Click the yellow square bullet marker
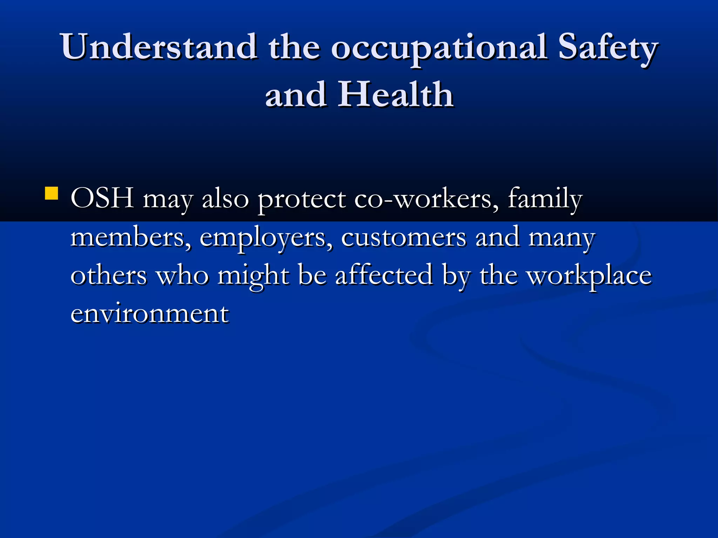(52, 193)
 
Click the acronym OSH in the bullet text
(102, 198)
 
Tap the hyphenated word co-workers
(426, 198)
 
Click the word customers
(404, 238)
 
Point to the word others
(109, 275)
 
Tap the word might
(253, 277)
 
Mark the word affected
(384, 275)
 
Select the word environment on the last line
(150, 313)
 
